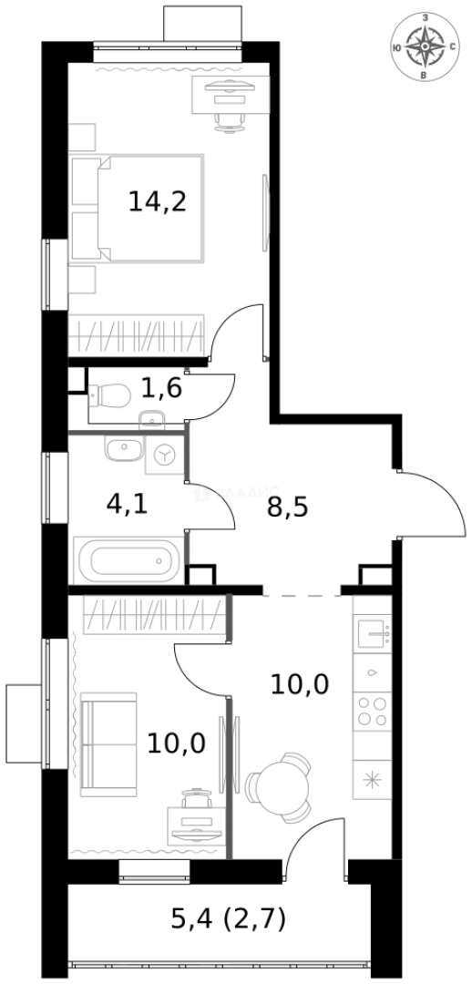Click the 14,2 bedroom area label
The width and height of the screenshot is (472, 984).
[x=157, y=201]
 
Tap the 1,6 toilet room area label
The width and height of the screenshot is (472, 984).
[x=161, y=389]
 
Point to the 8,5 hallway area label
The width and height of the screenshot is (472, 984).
[x=287, y=507]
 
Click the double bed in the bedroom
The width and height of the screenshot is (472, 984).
[x=137, y=208]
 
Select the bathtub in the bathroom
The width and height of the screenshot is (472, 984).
[x=128, y=558]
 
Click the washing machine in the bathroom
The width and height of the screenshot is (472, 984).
[x=165, y=453]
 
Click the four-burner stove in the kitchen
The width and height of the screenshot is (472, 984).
[x=373, y=710]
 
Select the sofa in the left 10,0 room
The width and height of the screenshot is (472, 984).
[x=108, y=743]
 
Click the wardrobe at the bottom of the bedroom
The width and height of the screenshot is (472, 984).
[x=149, y=335]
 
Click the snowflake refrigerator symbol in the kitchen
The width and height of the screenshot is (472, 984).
[x=372, y=779]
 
